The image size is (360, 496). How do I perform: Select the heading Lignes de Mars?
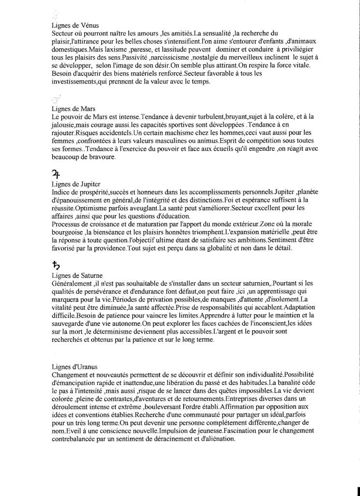73,109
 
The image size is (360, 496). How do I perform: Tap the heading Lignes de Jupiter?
76,184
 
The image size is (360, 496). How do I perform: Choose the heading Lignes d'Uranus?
75,367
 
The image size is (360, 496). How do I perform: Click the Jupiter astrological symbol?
56,173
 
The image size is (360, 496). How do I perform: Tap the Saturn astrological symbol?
56,265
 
